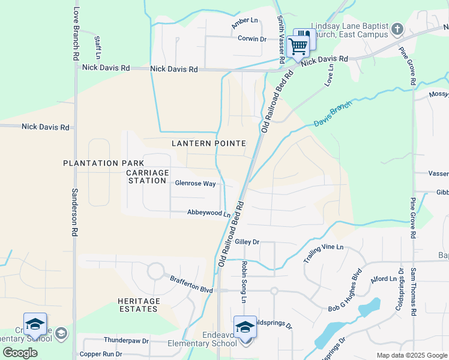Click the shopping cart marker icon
[298, 46]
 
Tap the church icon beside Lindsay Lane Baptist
[397, 29]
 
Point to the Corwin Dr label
[252, 38]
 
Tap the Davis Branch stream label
[333, 113]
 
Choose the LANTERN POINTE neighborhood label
[208, 143]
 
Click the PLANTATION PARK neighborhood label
[104, 163]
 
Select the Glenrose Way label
[195, 184]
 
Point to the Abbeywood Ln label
[209, 213]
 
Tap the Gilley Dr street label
[247, 242]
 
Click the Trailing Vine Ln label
[324, 254]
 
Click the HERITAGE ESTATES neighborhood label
[139, 305]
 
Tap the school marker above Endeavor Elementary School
[245, 328]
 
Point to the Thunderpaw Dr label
[126, 341]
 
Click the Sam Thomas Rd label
[413, 292]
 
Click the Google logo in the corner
[20, 353]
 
